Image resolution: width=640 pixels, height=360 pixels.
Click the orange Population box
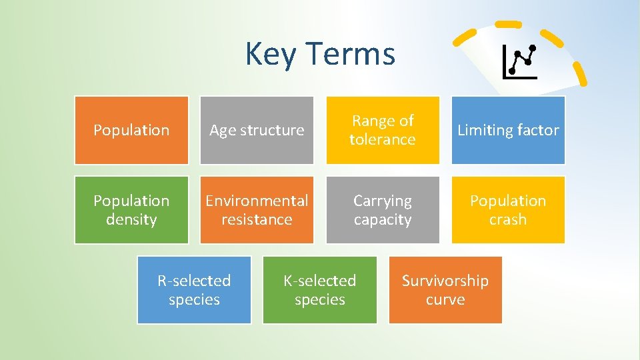coord(131,130)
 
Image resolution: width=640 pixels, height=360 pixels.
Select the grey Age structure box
coord(257,130)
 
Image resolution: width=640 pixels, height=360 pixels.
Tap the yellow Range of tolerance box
coord(383,130)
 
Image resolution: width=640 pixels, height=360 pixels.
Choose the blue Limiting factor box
coord(508,130)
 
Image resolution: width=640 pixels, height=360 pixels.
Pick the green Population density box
coord(131,210)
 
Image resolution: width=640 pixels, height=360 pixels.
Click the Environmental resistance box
coord(257,210)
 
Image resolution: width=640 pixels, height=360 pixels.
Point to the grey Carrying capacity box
coord(383,210)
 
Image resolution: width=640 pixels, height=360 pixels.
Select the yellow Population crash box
coord(508,210)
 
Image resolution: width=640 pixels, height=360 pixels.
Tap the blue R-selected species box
coord(194,290)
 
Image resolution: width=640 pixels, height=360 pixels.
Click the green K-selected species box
coord(320,290)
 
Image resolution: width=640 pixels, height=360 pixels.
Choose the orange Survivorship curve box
coord(445,290)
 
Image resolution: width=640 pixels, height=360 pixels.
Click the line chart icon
coord(520,62)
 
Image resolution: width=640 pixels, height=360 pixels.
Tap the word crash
coord(508,219)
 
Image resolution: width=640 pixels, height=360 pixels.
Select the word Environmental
coord(257,201)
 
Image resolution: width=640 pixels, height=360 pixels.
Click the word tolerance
coord(383,139)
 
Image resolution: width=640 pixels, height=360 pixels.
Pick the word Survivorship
coord(445,281)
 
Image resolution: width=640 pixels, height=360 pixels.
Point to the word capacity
coord(383,219)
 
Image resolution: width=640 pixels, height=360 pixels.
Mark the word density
coord(131,219)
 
